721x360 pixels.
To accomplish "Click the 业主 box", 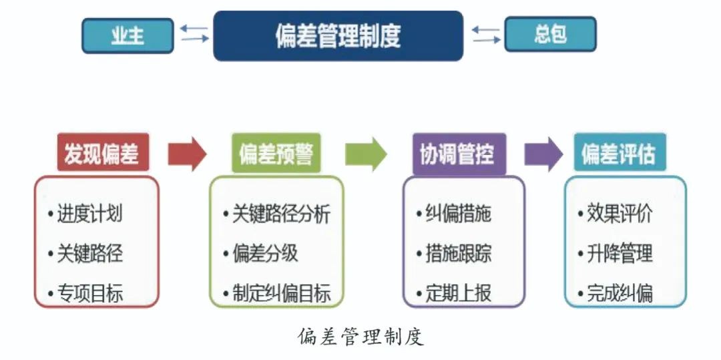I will [x=128, y=35].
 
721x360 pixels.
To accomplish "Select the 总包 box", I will [x=549, y=34].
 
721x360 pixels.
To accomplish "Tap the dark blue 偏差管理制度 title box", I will [x=338, y=35].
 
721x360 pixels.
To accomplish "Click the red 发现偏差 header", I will [x=102, y=154].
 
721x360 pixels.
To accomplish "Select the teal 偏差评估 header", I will [x=618, y=154].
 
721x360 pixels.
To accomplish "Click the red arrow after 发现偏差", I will [x=187, y=154].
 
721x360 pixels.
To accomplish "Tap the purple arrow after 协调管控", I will [x=543, y=154].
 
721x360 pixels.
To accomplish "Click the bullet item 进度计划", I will [x=89, y=214].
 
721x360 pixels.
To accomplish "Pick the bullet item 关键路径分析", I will [x=280, y=214].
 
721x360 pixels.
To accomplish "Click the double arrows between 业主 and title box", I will [x=194, y=33].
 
